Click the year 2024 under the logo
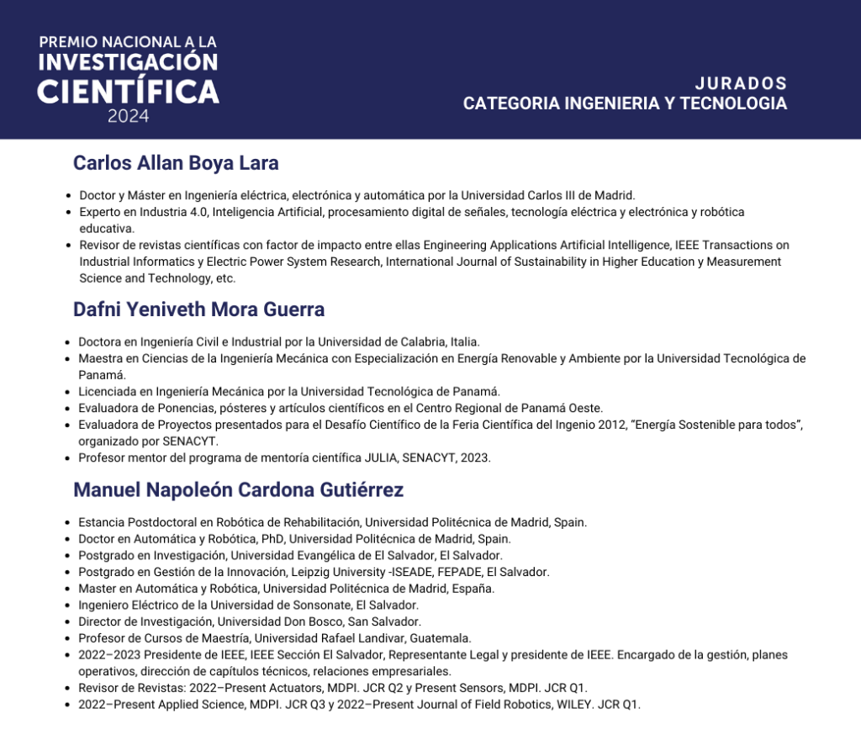[x=128, y=117]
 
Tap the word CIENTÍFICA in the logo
[x=128, y=90]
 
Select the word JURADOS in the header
[x=741, y=83]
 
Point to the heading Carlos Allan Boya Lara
[x=176, y=162]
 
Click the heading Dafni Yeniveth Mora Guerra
[x=198, y=309]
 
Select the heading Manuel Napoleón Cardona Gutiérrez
[x=239, y=489]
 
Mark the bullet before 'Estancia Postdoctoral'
[x=67, y=523]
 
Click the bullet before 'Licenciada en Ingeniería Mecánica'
[x=67, y=392]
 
